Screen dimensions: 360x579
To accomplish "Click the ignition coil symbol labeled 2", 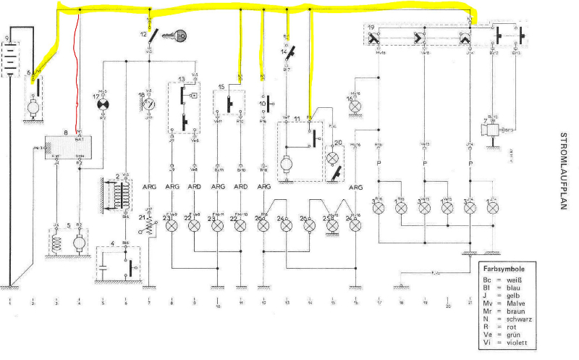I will tap(119, 195).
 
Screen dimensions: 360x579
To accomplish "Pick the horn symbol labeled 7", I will tap(493, 130).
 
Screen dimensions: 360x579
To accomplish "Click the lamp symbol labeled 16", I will tap(355, 105).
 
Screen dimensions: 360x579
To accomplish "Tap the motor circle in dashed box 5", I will tap(79, 245).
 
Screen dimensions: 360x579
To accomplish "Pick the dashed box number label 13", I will tap(182, 78).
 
